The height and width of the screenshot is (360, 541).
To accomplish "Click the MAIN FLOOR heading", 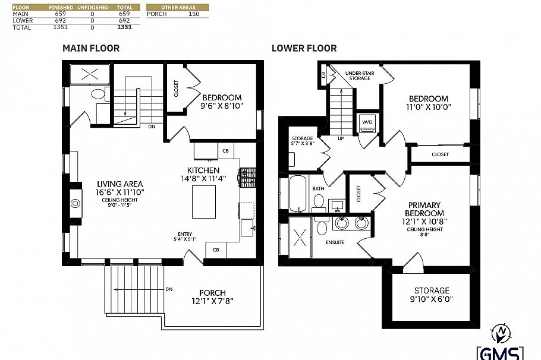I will pos(91,48).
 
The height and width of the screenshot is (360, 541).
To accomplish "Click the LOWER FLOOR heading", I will pos(304,48).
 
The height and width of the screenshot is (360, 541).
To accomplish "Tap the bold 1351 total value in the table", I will pos(124,27).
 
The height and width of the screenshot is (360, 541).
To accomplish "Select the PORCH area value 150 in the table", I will pos(193,13).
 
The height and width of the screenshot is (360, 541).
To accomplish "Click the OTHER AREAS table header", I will pos(178,7).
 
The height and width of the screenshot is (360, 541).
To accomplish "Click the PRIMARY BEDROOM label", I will pos(424,209).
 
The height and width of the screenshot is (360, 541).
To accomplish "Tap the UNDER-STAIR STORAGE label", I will pos(359,75).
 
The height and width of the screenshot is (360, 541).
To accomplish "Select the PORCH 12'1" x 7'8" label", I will pos(212,296).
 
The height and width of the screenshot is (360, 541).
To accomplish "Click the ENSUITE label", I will pos(335,242).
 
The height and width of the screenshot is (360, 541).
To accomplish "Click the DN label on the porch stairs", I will pos(169,289).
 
